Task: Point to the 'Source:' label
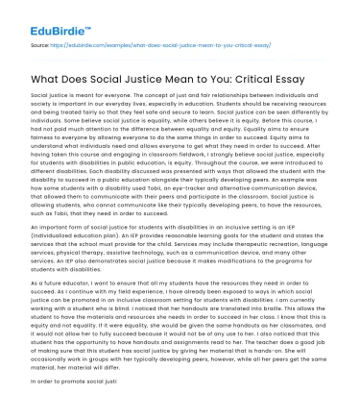(41, 44)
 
